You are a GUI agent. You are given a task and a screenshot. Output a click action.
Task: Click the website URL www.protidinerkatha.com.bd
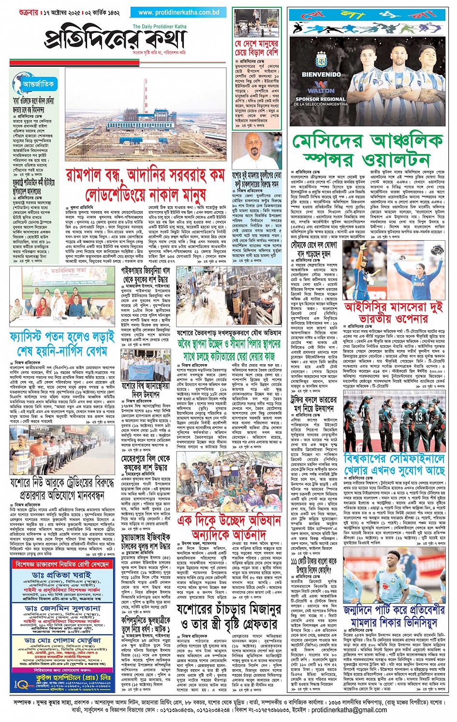(179, 12)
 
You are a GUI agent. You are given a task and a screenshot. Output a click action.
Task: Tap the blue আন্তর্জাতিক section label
(38, 84)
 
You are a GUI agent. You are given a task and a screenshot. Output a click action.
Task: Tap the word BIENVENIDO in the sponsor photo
(321, 75)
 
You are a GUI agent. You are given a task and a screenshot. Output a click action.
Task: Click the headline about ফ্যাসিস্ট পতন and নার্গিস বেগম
(62, 343)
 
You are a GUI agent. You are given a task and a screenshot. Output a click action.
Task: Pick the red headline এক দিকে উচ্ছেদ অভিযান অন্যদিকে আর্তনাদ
(229, 527)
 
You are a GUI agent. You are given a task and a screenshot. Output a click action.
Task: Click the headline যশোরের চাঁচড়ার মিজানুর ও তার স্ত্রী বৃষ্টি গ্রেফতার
(229, 616)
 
